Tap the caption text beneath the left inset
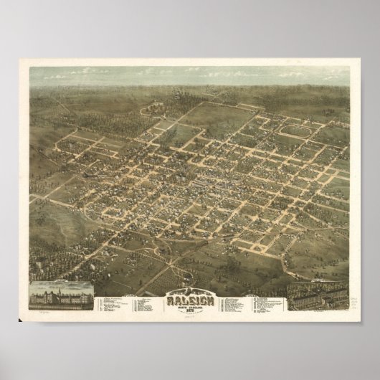click(x=62, y=309)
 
